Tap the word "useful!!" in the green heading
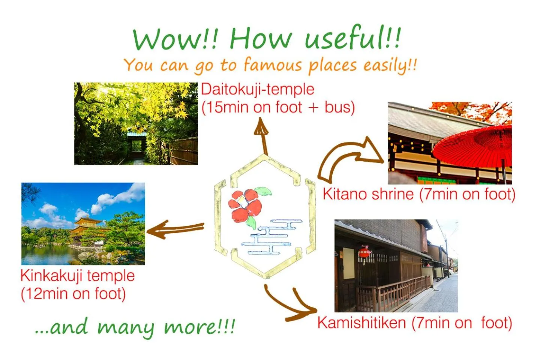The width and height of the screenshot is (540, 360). coord(352,38)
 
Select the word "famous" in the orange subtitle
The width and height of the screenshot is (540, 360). coord(273,66)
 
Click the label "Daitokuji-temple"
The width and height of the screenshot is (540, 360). coord(258,90)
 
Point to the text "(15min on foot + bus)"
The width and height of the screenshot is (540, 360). coord(278,107)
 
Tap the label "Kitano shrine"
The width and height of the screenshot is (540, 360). coord(368,194)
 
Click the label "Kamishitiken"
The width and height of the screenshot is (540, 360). coord(361,323)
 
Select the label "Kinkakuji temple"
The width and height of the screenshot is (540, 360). coord(77,276)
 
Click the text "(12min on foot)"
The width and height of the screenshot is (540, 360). coord(73,294)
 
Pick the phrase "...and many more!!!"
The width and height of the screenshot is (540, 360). coord(135,327)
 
